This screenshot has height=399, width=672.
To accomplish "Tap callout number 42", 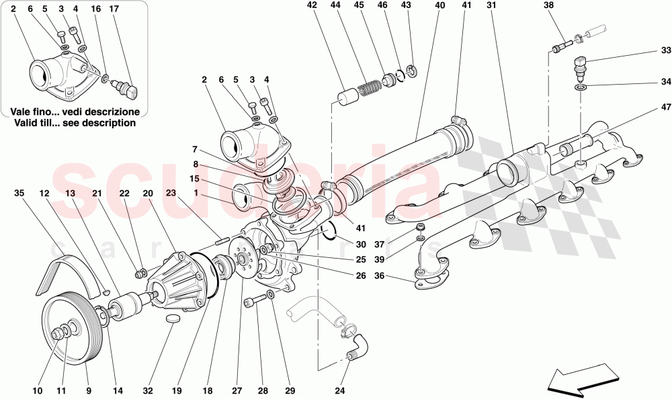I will coord(311,5).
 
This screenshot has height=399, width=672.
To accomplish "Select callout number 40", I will coord(439,5).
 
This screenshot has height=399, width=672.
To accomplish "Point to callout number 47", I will coord(665,107).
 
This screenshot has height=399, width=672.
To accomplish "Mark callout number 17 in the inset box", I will coord(114,9).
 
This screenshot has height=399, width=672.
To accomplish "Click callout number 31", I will coord(491,5).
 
